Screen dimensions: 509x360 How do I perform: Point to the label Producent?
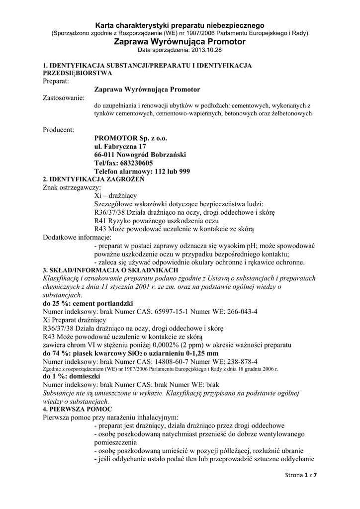coord(58,130)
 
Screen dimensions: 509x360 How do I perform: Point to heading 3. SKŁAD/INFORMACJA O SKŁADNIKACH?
coord(110,270)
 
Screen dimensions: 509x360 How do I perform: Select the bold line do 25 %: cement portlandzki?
coord(88,303)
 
